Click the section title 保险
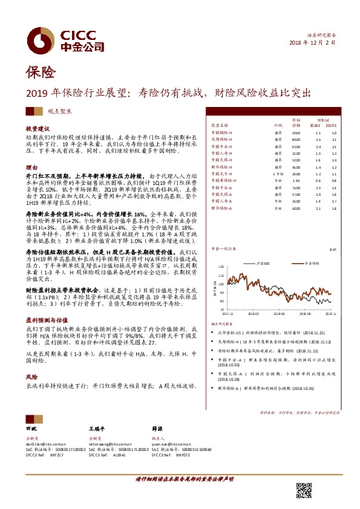pyautogui.click(x=41, y=74)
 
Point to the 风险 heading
pyautogui.click(x=31, y=377)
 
